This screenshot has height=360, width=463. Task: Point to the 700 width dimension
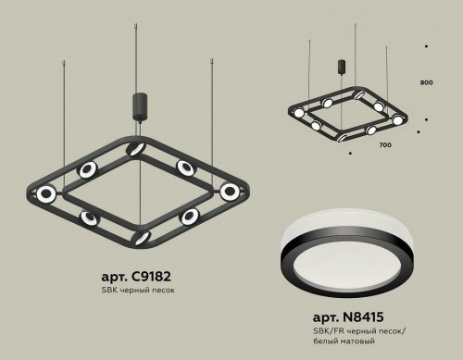(386, 145)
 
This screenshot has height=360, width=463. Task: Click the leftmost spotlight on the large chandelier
(44, 193)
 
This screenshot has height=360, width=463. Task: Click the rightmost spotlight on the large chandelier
(229, 191)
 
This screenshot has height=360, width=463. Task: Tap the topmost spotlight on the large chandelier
(136, 149)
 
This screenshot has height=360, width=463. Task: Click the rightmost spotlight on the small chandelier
(399, 120)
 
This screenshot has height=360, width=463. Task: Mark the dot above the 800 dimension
(425, 46)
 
